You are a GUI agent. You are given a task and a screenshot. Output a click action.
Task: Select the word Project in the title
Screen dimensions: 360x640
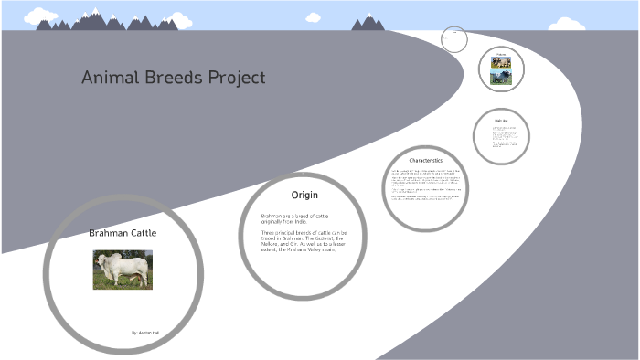(x=237, y=78)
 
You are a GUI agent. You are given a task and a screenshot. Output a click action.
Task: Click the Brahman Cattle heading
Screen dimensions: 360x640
(x=123, y=233)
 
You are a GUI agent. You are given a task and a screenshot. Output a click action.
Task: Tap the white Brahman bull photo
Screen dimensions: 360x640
(x=123, y=269)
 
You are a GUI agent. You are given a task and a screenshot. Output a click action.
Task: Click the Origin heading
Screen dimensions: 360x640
(x=304, y=196)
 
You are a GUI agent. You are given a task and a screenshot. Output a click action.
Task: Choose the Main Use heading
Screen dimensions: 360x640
(x=500, y=119)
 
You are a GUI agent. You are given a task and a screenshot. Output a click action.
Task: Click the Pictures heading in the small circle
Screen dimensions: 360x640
(x=501, y=56)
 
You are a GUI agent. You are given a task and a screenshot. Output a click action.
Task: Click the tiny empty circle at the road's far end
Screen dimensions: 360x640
(x=454, y=38)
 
